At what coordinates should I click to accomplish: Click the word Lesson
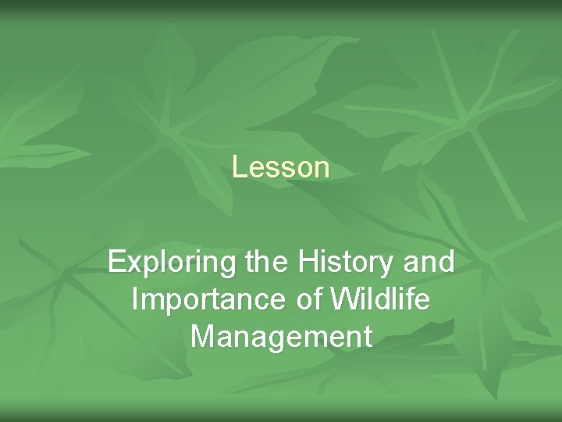pyautogui.click(x=281, y=167)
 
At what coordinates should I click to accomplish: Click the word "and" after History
pyautogui.click(x=428, y=263)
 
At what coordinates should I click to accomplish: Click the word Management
pyautogui.click(x=281, y=337)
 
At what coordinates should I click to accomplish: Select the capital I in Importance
pyautogui.click(x=136, y=300)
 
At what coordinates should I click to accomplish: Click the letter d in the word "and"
pyautogui.click(x=446, y=263)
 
